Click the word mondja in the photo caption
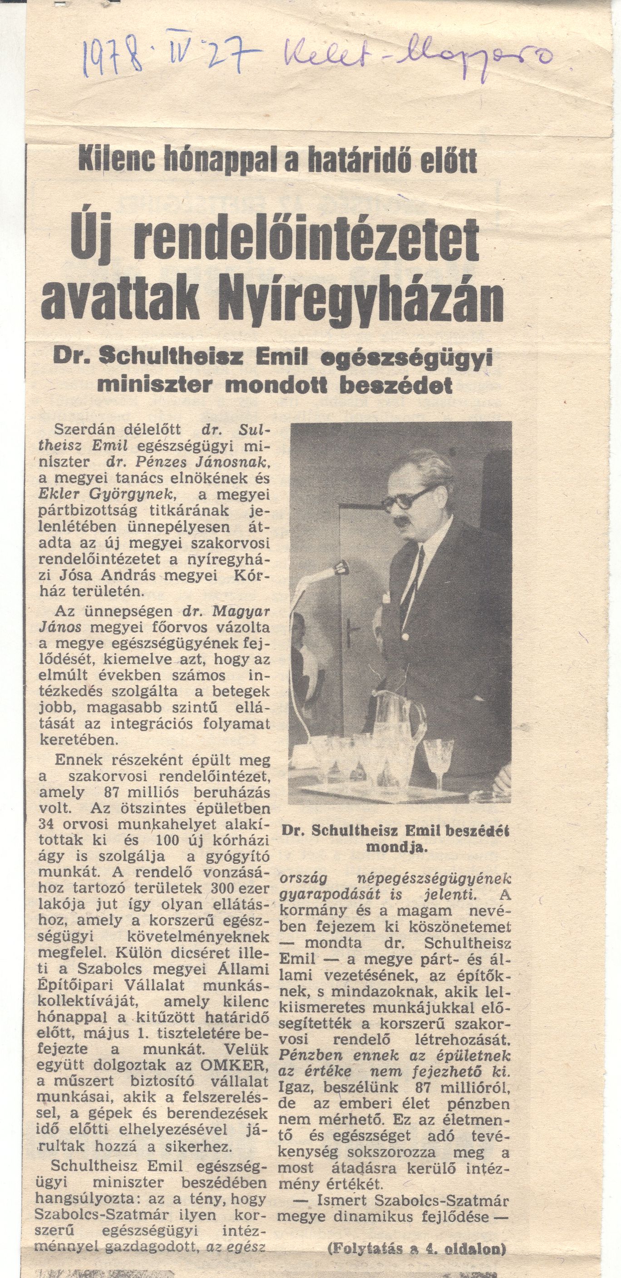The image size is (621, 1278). [x=395, y=847]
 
